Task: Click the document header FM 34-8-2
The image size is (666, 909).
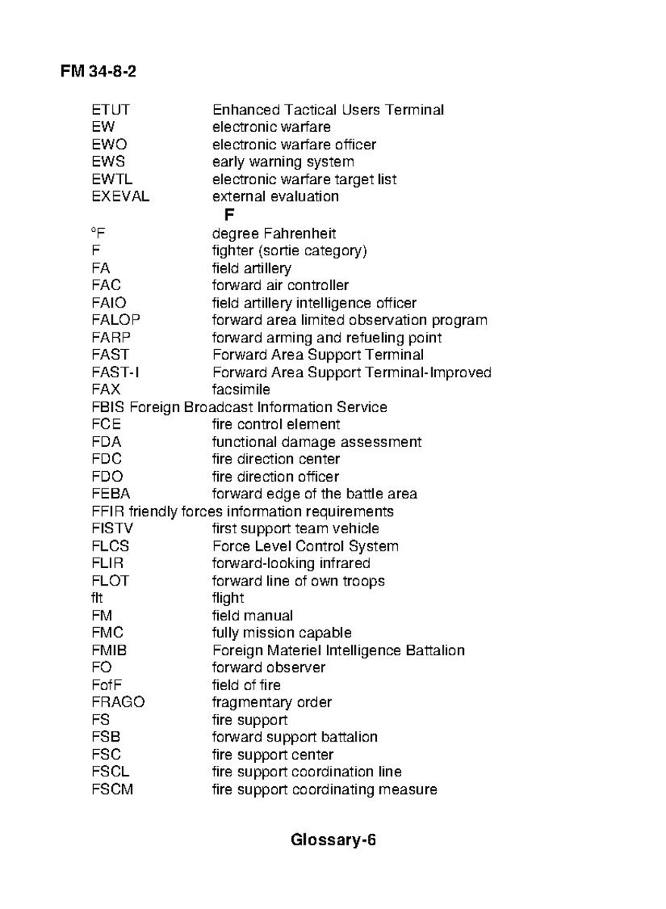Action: (98, 72)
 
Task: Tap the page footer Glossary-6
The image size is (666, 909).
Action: (333, 840)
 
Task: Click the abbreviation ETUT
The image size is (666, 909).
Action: (110, 110)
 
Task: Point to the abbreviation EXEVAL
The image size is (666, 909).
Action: (120, 197)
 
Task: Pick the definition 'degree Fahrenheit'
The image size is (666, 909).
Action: (274, 233)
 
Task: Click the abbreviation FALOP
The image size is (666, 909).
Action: (116, 320)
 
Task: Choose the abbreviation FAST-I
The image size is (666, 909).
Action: (115, 373)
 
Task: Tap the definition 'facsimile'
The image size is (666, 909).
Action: (241, 390)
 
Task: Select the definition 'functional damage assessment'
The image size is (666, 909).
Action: (316, 442)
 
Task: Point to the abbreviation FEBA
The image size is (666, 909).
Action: (110, 494)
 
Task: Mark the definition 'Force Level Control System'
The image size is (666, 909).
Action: (305, 546)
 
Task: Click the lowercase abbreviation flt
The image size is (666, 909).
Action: (97, 598)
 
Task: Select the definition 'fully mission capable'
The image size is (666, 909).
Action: (282, 633)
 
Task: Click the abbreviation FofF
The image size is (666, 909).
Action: (107, 685)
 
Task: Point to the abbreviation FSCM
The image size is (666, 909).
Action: (112, 789)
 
